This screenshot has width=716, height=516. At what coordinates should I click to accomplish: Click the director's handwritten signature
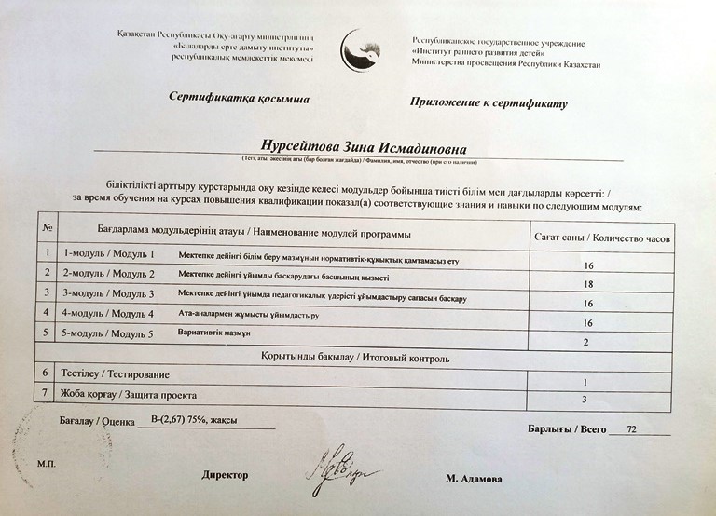[x=334, y=471]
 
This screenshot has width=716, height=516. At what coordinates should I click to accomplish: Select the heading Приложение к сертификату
[x=488, y=102]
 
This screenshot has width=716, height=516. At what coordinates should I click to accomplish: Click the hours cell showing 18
[x=587, y=283]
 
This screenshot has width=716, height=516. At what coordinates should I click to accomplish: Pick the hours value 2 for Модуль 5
[x=586, y=344]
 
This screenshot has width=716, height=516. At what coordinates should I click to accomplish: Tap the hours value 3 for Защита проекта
[x=585, y=401]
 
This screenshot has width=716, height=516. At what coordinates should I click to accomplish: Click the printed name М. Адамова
[x=474, y=479]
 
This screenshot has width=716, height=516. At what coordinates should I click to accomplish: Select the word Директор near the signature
[x=226, y=474]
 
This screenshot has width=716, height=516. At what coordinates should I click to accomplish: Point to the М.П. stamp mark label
[x=48, y=463]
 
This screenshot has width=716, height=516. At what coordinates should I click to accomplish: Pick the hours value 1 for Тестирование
[x=585, y=382]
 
